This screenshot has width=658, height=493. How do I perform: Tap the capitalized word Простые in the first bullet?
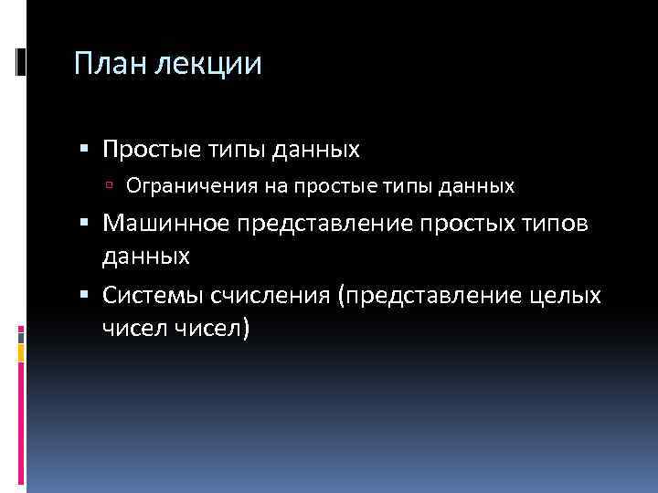(151, 148)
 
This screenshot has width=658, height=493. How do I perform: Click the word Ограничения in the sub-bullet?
(180, 186)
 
